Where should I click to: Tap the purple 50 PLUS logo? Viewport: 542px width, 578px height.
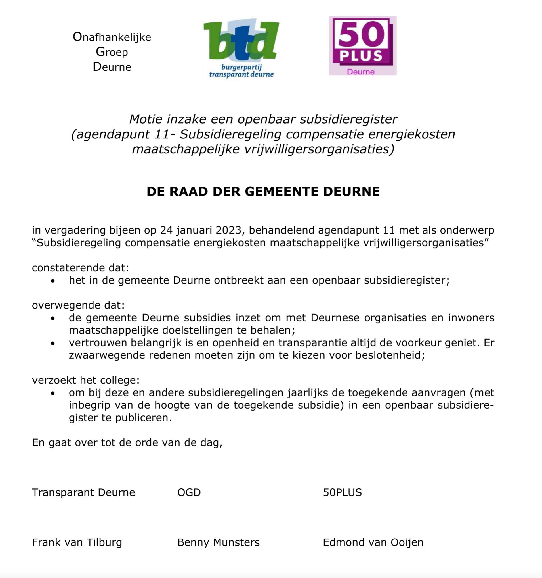363,45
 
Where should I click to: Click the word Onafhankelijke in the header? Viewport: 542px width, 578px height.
112,37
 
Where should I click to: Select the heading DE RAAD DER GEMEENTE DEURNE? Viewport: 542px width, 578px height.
263,192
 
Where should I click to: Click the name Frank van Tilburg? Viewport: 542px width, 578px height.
77,542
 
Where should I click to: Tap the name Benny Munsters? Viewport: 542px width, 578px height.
218,542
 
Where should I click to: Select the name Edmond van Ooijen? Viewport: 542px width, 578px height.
373,542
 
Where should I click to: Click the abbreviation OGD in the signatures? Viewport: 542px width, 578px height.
189,492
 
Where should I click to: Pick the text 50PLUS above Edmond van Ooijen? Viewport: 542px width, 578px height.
342,492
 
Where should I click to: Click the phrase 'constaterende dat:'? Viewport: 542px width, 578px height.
80,267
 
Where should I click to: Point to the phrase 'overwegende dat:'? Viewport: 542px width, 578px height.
78,305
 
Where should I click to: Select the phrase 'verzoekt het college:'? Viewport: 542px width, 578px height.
86,380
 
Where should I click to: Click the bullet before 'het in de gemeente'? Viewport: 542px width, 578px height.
52,281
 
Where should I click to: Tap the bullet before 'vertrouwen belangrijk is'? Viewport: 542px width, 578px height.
52,343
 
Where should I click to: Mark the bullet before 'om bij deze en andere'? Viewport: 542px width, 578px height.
52,393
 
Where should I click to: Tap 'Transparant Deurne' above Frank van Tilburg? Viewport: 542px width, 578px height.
83,492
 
